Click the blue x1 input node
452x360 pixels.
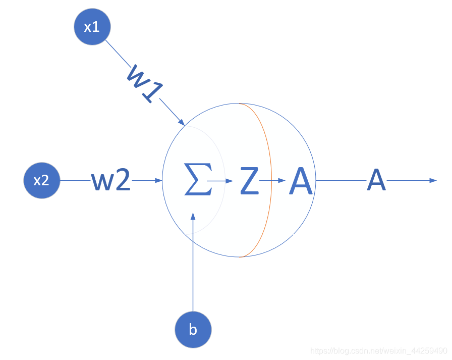[91, 27]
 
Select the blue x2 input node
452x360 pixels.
[41, 180]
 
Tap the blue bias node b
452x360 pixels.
[193, 330]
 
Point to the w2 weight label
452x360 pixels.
[111, 180]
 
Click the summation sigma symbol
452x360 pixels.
[198, 180]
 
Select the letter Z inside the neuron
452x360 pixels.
[249, 180]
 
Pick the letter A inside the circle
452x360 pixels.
[302, 180]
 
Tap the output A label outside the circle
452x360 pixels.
[376, 180]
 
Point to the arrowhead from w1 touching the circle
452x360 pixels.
[181, 122]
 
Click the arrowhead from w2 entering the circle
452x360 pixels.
[159, 180]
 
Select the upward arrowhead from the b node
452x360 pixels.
[193, 216]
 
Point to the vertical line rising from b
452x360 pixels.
[193, 268]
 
